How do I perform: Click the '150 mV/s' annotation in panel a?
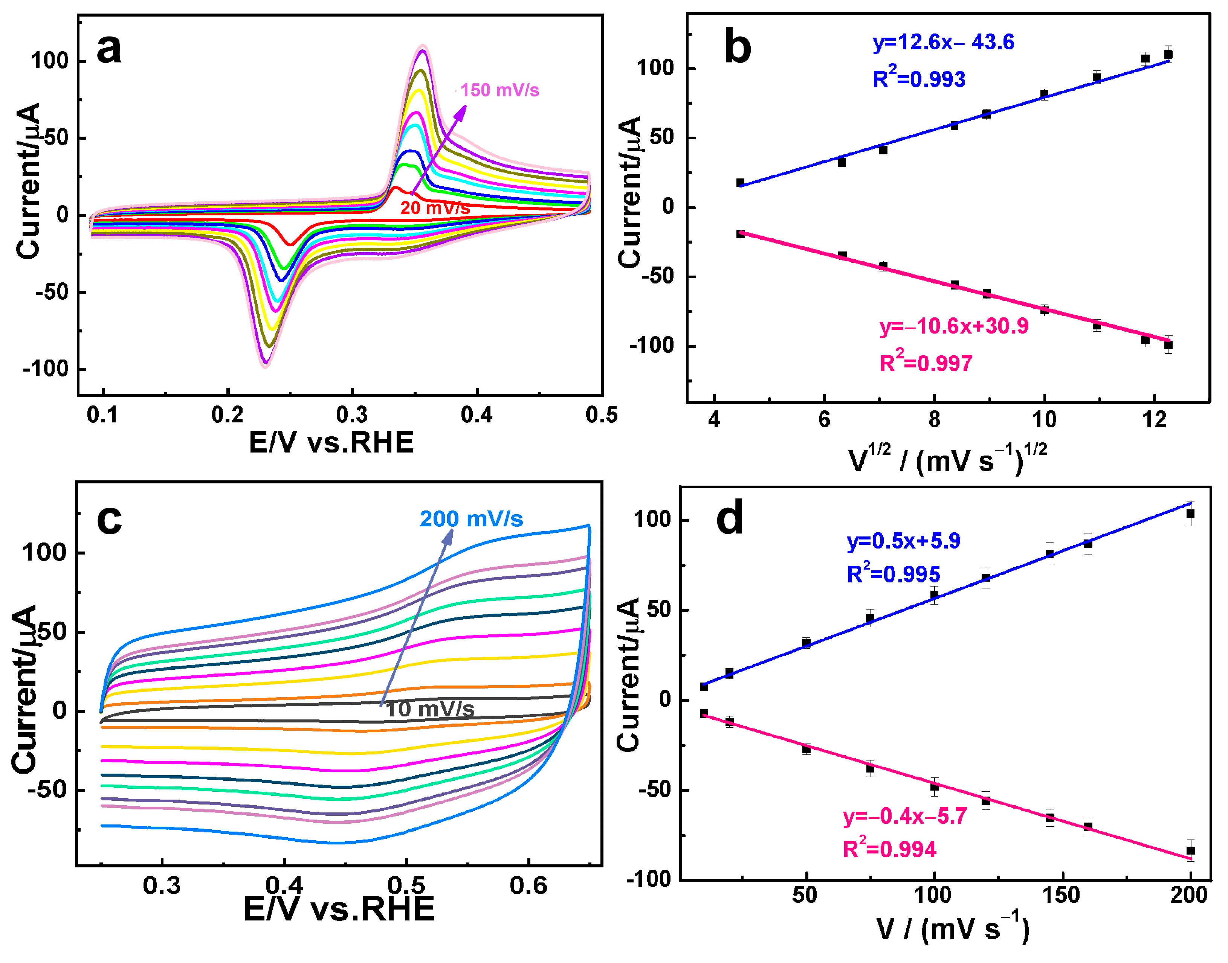(500, 90)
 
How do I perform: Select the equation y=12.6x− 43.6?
(943, 42)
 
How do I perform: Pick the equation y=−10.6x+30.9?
(954, 326)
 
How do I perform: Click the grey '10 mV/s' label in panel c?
(430, 709)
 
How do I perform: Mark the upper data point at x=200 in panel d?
(1190, 513)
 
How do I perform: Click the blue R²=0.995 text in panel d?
(894, 574)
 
